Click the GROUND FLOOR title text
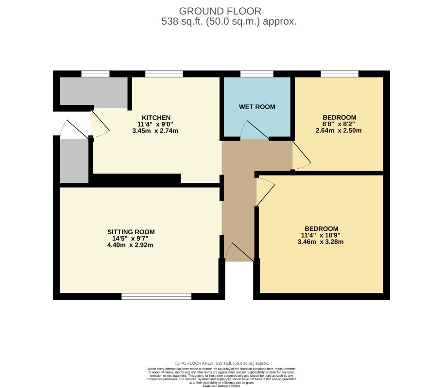[220, 11]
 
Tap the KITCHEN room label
[155, 118]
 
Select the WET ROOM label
[257, 107]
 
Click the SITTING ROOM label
[131, 232]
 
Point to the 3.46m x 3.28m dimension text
[321, 242]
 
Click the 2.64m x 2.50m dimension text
[339, 130]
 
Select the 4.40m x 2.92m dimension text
[131, 245]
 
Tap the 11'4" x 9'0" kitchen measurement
[155, 124]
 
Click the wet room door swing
[250, 130]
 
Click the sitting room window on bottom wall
[156, 296]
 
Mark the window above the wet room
[256, 74]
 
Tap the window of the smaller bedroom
[340, 74]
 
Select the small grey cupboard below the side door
[73, 161]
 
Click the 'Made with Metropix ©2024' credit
[221, 386]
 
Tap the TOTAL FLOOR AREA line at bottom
[221, 363]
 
